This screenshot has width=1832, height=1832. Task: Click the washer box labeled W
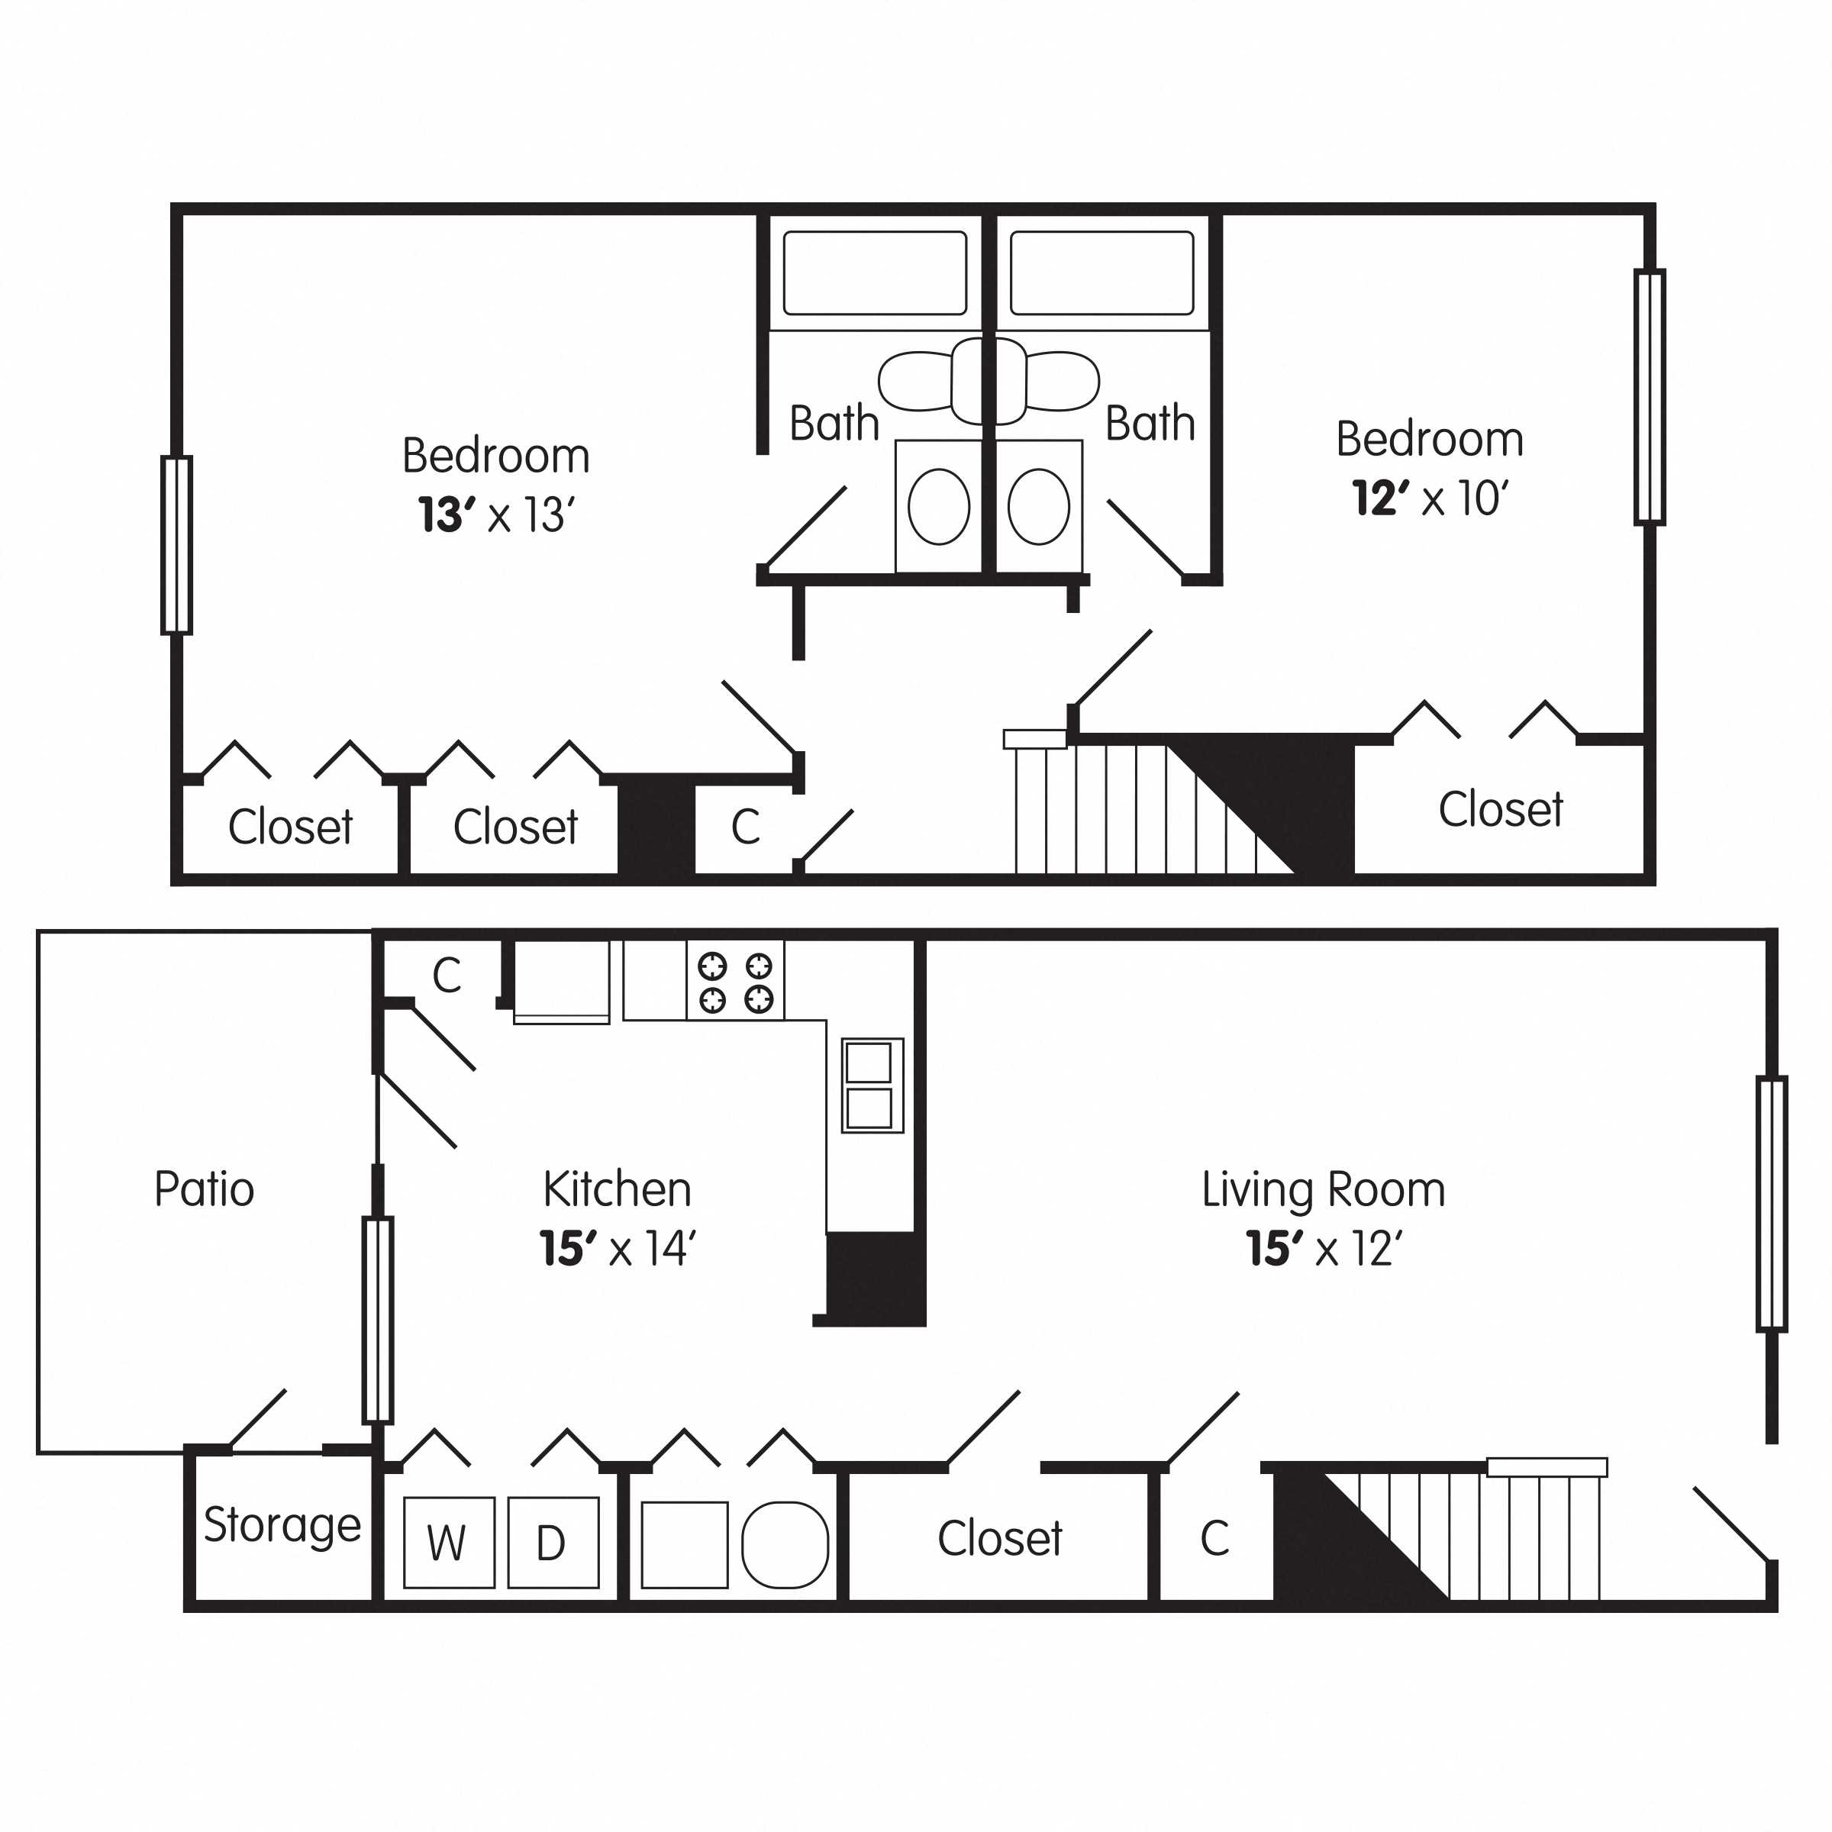[449, 1543]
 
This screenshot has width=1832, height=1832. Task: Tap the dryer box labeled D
[553, 1543]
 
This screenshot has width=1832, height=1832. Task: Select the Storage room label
[282, 1525]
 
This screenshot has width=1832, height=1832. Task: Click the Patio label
[204, 1189]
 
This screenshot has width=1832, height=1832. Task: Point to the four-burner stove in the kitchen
[735, 982]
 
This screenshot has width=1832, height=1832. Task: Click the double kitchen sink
[872, 1085]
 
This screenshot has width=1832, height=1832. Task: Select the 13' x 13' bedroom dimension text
[497, 516]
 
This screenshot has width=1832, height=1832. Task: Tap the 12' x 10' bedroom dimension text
[1429, 498]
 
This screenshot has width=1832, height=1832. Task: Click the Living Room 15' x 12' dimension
[1324, 1249]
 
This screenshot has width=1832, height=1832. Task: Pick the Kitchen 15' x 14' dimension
[618, 1249]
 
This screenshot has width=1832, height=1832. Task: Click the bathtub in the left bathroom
[874, 273]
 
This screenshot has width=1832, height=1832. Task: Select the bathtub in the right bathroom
[1101, 273]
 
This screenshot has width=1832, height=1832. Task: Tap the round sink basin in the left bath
[939, 506]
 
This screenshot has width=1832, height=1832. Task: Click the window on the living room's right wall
[1771, 1203]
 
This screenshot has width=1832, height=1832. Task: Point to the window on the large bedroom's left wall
[176, 544]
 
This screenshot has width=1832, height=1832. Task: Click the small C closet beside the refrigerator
[446, 975]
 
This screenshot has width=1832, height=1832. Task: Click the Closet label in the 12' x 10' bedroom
[1500, 810]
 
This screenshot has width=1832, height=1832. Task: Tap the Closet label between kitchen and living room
[999, 1538]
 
